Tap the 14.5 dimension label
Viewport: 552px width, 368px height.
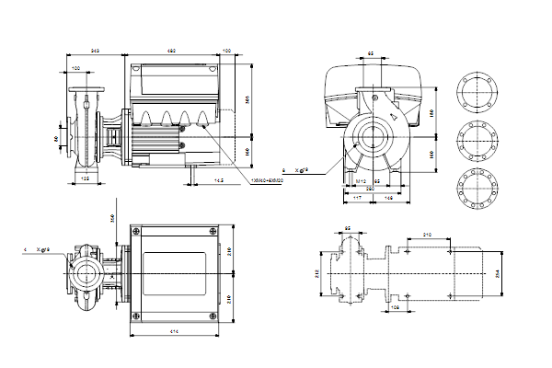tap(219, 180)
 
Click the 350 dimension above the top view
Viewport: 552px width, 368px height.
tap(112, 217)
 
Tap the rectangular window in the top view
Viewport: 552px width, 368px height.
tap(174, 273)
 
